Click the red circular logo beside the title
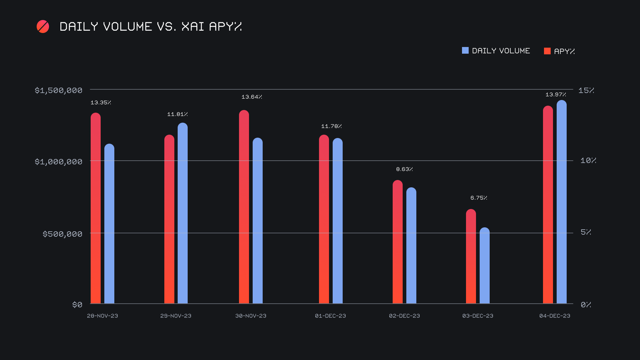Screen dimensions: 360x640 pos(43,27)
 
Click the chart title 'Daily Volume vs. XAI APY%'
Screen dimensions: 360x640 pos(150,27)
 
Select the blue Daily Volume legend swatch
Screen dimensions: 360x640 pos(465,50)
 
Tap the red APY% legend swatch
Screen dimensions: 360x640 pos(547,51)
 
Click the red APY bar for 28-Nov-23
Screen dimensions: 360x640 pos(96,208)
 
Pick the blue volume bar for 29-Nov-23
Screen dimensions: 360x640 pos(183,213)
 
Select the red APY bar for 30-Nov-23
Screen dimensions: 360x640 pos(244,207)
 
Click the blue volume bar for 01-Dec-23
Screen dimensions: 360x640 pos(338,221)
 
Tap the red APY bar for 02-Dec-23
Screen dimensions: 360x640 pos(398,242)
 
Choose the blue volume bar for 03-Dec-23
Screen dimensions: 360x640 pos(485,266)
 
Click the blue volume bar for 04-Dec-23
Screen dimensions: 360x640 pos(562,202)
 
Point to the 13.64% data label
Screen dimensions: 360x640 pos(252,97)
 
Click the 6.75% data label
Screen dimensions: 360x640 pos(479,198)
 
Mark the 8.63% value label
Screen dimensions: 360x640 pos(404,169)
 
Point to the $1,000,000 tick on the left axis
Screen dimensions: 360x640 pos(59,162)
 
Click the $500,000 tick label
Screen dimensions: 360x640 pos(62,234)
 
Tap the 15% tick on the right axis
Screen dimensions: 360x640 pos(586,90)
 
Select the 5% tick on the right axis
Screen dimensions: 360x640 pos(586,232)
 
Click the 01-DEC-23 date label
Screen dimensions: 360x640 pos(330,316)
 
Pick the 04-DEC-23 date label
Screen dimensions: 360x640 pos(555,316)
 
